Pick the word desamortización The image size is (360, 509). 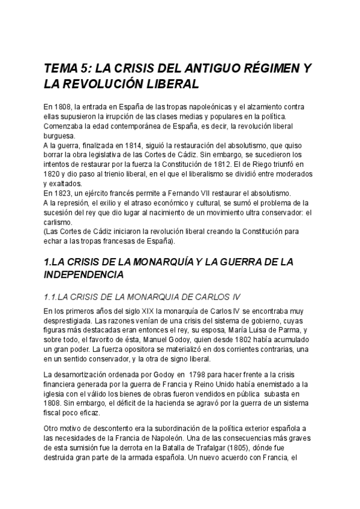(85, 375)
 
